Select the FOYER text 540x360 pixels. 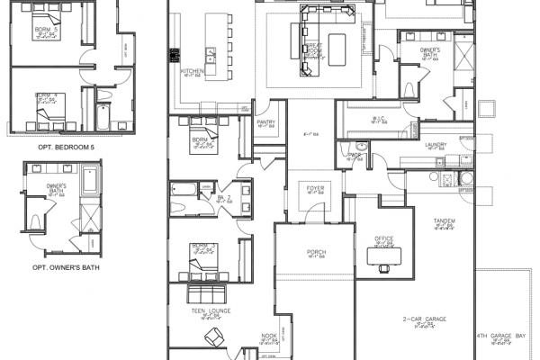[315, 188]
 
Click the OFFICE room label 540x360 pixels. [384, 238]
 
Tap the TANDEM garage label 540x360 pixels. [443, 220]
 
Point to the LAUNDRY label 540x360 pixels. [437, 144]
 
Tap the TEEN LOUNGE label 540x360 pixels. [211, 311]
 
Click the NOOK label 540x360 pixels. [268, 337]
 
